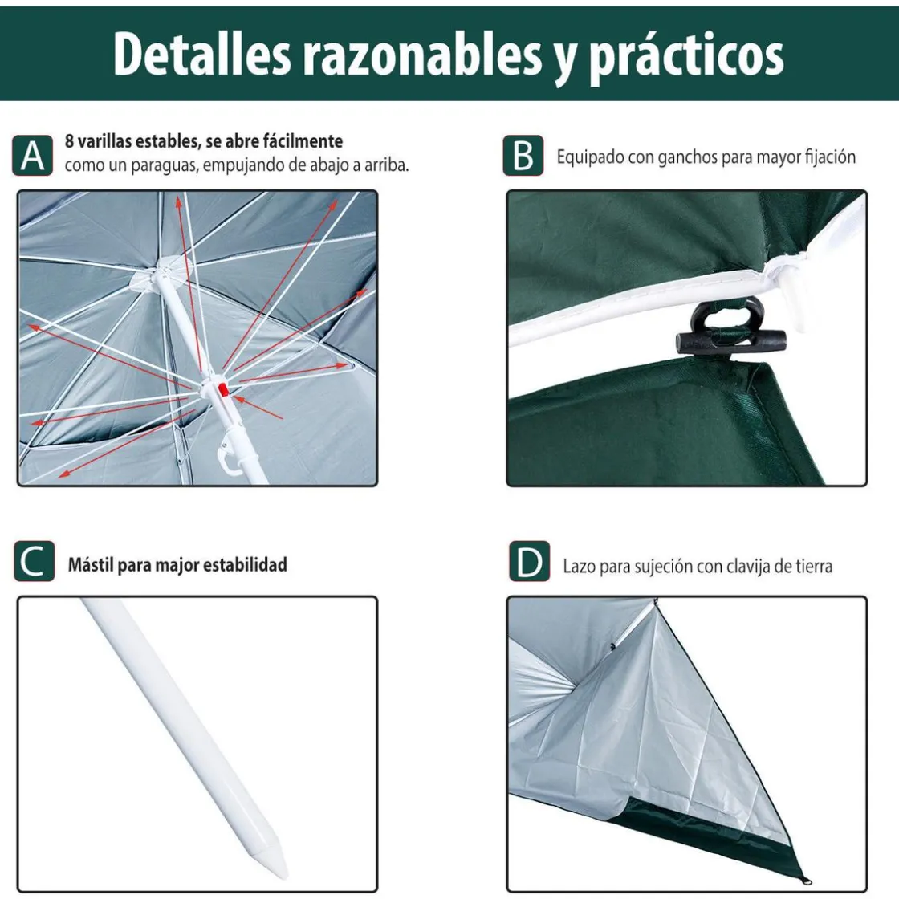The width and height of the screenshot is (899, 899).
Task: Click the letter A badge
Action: point(33,155)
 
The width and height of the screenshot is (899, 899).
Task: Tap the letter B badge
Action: point(523,155)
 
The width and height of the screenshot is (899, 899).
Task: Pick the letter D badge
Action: point(529,561)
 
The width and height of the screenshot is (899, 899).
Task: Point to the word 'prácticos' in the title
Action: point(685,55)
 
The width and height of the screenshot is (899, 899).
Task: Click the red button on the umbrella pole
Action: point(222,389)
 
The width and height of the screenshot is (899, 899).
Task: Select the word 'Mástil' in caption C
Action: point(91,565)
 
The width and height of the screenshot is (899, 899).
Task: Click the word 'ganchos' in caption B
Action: point(686,157)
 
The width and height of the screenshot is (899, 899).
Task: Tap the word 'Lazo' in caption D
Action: point(579,567)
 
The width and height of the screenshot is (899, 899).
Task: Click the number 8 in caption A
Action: point(70,141)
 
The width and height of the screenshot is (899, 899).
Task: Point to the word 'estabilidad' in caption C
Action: point(244,565)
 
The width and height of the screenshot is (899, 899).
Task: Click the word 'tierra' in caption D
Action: point(811,567)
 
